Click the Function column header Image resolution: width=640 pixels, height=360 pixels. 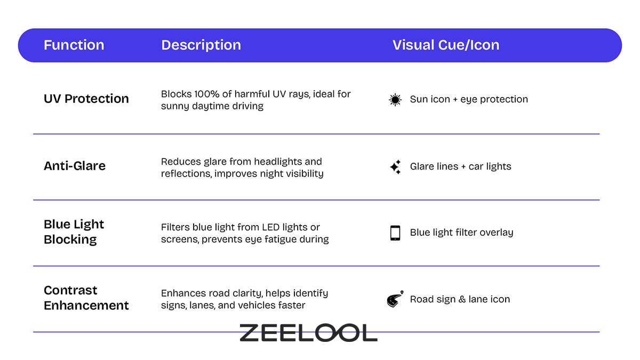pos(74,45)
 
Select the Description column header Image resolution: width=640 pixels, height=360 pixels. pos(201,45)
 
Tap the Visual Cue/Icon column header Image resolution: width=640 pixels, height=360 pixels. pos(446,45)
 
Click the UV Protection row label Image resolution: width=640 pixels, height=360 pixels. pos(86,99)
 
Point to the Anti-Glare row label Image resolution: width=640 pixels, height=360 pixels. pos(75,166)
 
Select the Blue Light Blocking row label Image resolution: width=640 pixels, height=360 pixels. pos(74,232)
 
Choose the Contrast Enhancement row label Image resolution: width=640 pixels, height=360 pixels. pos(86,298)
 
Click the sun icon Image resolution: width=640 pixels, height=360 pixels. pos(395,100)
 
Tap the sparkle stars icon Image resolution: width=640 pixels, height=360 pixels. pos(395,167)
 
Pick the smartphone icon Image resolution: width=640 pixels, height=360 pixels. pos(395,233)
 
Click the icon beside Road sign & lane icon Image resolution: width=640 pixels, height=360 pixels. pos(395,300)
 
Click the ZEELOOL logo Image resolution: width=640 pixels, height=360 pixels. pos(308,333)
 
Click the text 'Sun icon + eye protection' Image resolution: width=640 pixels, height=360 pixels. pos(469,99)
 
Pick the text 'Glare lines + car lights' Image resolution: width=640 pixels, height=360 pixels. pos(460,166)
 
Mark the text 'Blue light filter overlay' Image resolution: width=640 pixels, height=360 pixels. pos(461,233)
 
